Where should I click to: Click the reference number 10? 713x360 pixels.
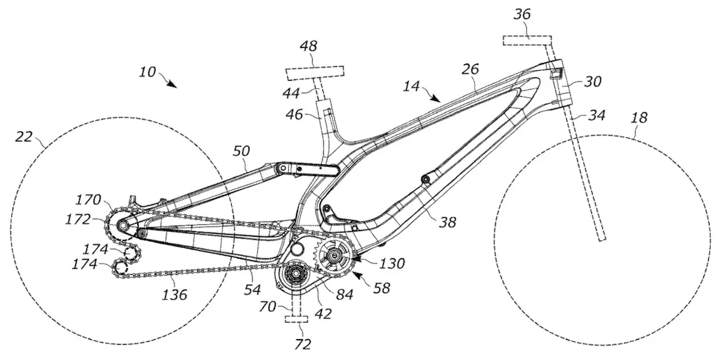pyautogui.click(x=147, y=72)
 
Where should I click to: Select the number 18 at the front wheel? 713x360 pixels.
pyautogui.click(x=638, y=118)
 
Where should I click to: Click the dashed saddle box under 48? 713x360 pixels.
pyautogui.click(x=314, y=73)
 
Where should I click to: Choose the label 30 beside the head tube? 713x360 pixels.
pyautogui.click(x=592, y=81)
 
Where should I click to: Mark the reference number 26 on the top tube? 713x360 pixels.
pyautogui.click(x=471, y=70)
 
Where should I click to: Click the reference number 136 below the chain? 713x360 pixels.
pyautogui.click(x=174, y=295)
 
